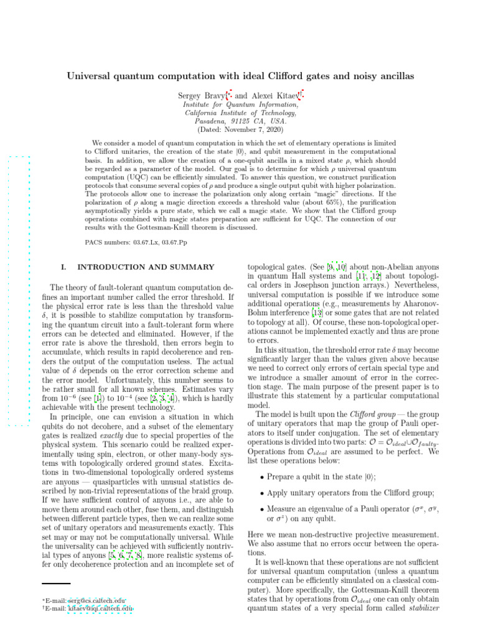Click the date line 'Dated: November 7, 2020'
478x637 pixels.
[239, 129]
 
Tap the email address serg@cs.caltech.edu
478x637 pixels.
[100, 598]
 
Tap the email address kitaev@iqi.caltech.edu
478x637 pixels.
[101, 608]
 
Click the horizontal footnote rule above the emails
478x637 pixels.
[56, 583]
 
